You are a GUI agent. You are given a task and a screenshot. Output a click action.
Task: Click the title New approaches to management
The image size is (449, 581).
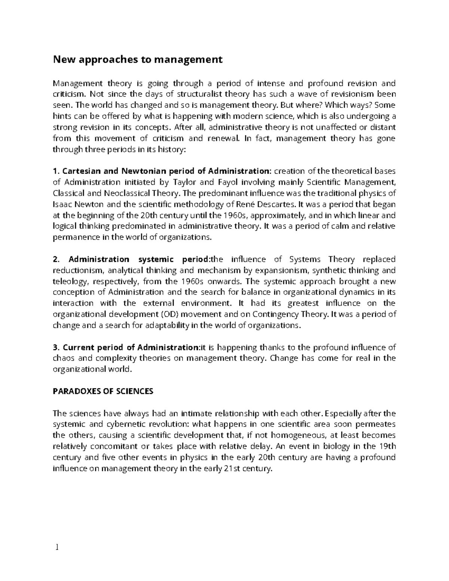pyautogui.click(x=138, y=59)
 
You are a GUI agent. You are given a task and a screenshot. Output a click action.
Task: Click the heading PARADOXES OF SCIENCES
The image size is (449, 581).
pyautogui.click(x=103, y=391)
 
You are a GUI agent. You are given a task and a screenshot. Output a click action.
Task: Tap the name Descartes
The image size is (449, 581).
pyautogui.click(x=276, y=204)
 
